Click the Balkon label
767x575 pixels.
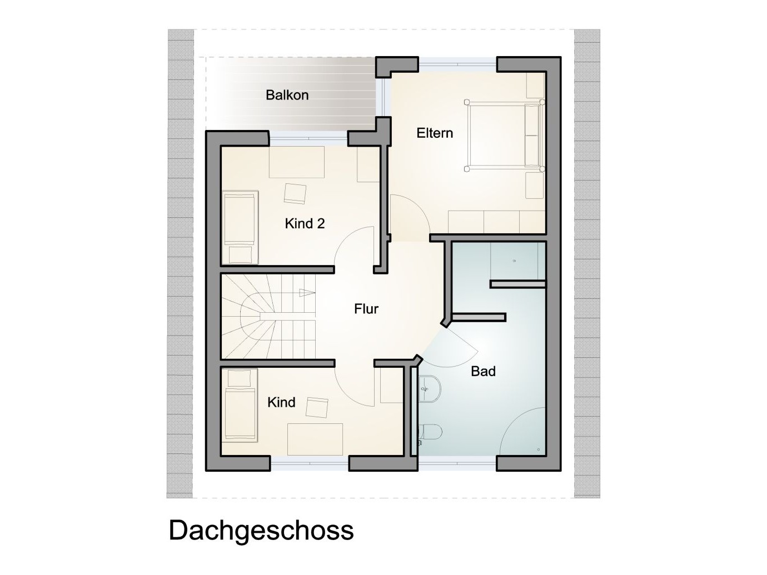[x=287, y=95]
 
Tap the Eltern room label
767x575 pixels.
[x=435, y=133]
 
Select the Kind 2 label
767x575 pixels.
[x=305, y=224]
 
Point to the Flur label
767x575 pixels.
[x=366, y=309]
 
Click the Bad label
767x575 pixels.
[x=483, y=371]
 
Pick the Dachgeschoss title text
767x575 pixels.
[x=261, y=531]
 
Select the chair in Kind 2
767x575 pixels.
[x=295, y=193]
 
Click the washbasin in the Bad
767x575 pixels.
[x=429, y=388]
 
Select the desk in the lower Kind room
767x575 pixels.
[x=315, y=439]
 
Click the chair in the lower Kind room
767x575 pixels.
[x=317, y=408]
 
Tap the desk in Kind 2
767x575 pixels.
[x=296, y=162]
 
